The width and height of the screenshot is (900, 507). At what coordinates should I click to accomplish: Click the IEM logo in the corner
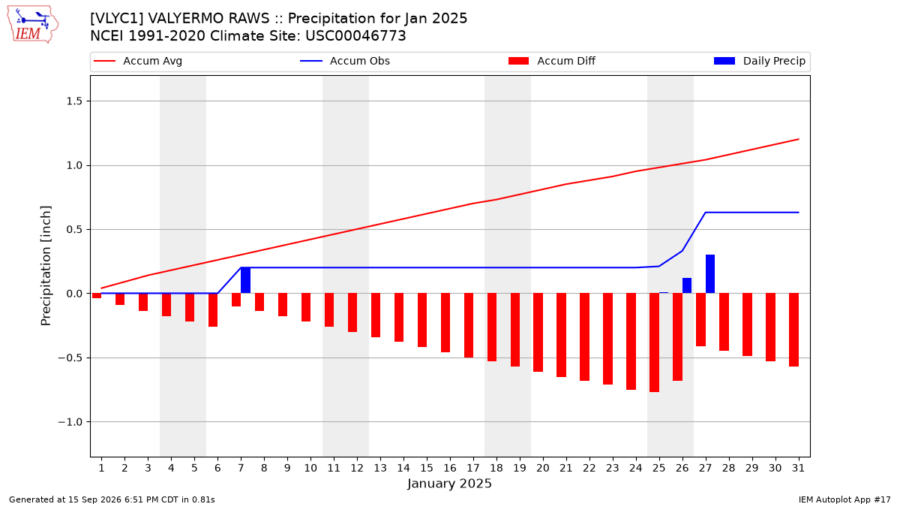click(x=33, y=25)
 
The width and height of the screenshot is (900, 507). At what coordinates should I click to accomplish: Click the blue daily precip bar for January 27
click(x=710, y=274)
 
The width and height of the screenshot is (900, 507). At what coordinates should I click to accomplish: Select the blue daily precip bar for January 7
click(x=245, y=280)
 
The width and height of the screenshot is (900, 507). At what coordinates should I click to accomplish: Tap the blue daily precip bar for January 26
click(x=687, y=285)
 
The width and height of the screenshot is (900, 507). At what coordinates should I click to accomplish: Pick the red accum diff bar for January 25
click(x=654, y=343)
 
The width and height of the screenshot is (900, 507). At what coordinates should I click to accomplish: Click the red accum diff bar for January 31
click(x=793, y=330)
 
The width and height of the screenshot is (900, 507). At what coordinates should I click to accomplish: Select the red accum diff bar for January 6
click(x=213, y=309)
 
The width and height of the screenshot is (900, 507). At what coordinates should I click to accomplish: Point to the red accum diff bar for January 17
click(x=469, y=325)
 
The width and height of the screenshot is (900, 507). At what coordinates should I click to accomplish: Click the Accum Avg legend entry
click(x=138, y=61)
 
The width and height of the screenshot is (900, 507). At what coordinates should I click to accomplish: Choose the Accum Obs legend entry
click(x=345, y=61)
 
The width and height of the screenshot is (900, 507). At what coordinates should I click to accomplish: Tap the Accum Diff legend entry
click(x=552, y=61)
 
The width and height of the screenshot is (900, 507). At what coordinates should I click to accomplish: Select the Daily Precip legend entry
click(x=760, y=61)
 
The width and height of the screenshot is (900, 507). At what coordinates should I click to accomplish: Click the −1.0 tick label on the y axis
click(x=70, y=422)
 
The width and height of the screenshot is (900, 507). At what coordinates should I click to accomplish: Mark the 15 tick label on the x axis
click(x=427, y=468)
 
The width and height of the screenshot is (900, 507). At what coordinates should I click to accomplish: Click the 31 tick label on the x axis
click(x=798, y=468)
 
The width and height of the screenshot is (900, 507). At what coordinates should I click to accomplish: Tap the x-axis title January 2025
click(x=449, y=483)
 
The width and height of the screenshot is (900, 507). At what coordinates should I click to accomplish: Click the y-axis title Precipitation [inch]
click(x=46, y=266)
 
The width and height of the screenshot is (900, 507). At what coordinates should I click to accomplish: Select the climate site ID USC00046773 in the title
click(x=355, y=36)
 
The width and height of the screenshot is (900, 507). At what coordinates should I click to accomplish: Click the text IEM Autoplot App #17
click(x=844, y=499)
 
